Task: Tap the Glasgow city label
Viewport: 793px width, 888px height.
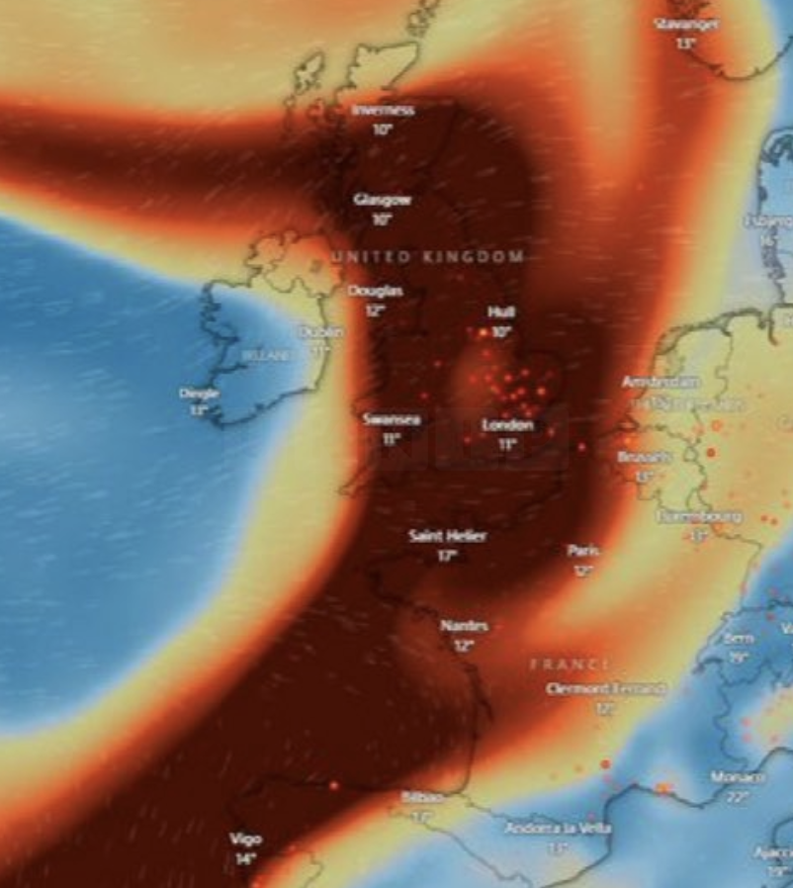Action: pos(382,200)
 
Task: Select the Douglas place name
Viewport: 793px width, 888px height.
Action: pos(375,291)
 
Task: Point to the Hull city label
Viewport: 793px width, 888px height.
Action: pos(501,312)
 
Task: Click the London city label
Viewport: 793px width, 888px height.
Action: pos(507,425)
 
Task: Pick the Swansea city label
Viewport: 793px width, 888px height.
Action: pos(392,419)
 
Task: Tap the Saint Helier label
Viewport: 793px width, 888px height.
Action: pos(447,536)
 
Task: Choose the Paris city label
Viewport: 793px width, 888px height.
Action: pos(582,550)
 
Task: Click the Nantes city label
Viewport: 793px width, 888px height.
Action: pos(462,626)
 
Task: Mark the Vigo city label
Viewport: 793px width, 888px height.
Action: pos(245,839)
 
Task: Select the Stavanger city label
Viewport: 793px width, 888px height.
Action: pos(687,23)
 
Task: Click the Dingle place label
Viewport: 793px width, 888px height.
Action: pos(199,393)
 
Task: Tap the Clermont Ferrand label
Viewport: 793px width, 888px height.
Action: pos(605,689)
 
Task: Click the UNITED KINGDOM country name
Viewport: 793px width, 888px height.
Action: pos(427,257)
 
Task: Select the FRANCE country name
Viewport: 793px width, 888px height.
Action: pos(570,665)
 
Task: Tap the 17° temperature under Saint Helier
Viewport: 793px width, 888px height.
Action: pos(446,556)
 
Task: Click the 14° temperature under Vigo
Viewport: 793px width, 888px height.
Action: pos(245,858)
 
